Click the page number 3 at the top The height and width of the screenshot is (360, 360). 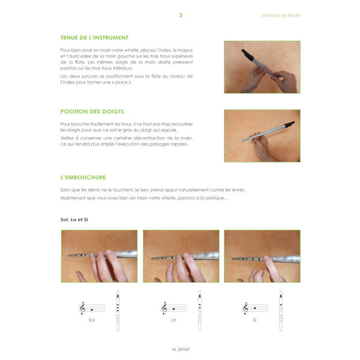(x=181, y=15)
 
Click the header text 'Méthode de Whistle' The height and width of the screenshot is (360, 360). (x=281, y=15)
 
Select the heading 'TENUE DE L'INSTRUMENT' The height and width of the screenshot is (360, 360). (x=94, y=38)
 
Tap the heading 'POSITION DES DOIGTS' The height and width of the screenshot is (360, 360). (x=92, y=112)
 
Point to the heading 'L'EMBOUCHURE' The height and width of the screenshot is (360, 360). (x=83, y=177)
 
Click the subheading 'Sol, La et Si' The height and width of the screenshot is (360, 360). (x=74, y=220)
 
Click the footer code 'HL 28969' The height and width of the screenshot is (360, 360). (x=181, y=350)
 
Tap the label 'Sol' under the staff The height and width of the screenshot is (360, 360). (x=92, y=320)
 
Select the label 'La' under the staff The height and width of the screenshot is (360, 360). (x=174, y=320)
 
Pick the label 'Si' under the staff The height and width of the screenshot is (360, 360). (x=255, y=320)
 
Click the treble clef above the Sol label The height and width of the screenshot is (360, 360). (x=82, y=308)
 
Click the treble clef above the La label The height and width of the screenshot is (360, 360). (x=164, y=308)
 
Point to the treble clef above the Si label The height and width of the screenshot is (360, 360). (x=245, y=308)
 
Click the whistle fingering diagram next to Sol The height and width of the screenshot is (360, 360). (x=118, y=311)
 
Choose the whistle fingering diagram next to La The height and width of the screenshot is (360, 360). (x=200, y=311)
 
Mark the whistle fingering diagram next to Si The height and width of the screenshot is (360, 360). (x=281, y=311)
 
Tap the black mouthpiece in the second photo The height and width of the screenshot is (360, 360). (x=289, y=124)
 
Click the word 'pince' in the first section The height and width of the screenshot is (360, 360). (x=121, y=82)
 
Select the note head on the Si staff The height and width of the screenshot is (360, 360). (x=255, y=308)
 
